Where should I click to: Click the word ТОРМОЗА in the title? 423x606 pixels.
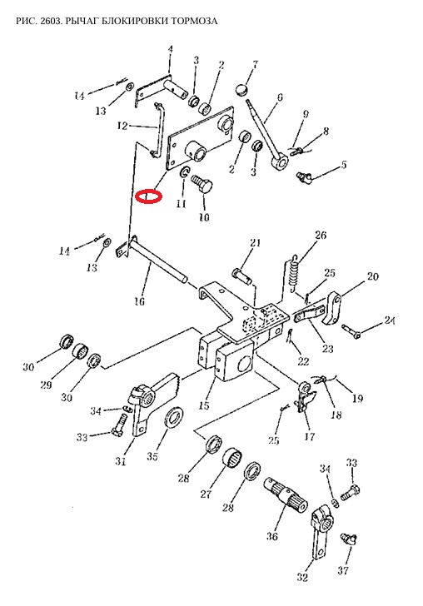192,21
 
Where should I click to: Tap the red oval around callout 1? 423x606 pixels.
148,196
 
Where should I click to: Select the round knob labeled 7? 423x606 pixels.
241,90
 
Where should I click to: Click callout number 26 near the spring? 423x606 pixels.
321,235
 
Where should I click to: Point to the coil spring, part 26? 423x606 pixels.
295,273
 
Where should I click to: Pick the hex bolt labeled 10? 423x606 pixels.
203,184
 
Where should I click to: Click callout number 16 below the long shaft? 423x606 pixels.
140,301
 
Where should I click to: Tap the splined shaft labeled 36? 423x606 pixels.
286,494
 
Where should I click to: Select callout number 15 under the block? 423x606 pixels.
204,405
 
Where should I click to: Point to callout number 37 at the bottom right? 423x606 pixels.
343,570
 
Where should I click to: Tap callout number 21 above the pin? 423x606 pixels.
255,243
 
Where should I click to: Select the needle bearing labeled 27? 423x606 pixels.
232,458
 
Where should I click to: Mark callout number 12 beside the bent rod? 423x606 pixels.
122,126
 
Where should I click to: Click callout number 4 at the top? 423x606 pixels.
170,49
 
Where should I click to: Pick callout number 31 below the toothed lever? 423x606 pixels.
121,461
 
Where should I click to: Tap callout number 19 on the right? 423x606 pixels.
358,398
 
